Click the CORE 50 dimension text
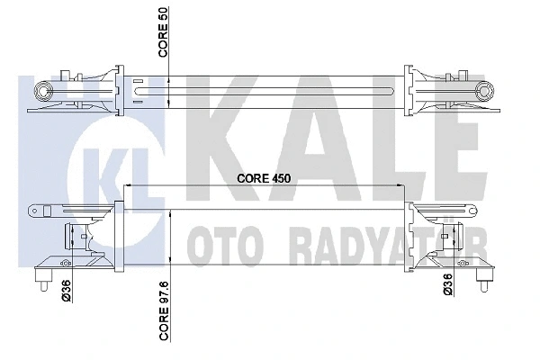(164, 35)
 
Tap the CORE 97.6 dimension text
(164, 320)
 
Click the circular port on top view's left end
(40, 90)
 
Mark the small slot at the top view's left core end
(140, 89)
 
